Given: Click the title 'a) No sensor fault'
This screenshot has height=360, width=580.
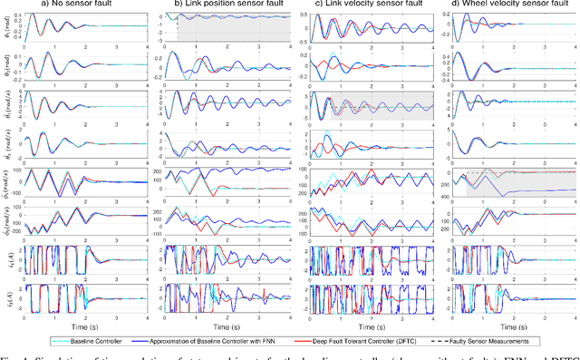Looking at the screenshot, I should point(84,6).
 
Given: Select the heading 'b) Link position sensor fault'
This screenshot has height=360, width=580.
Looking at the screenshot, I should point(226,6).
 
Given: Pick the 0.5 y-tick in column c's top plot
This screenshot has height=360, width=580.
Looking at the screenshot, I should point(302,15).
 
